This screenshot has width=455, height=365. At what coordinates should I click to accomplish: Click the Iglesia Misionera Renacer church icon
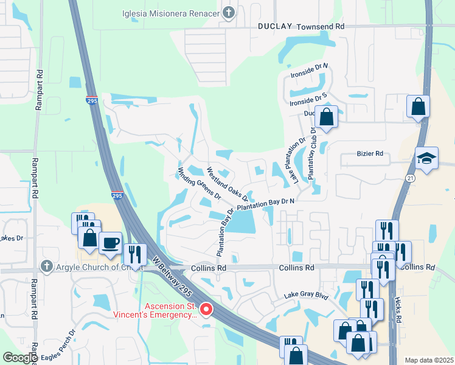click(x=229, y=13)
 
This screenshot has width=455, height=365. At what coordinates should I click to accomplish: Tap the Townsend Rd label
click(x=321, y=27)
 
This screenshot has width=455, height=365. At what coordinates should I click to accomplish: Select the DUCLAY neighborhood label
click(x=275, y=27)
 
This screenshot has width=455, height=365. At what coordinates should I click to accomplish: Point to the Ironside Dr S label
click(x=308, y=98)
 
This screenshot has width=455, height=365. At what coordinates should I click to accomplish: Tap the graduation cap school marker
click(x=426, y=159)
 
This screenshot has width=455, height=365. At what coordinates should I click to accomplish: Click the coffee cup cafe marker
click(x=110, y=242)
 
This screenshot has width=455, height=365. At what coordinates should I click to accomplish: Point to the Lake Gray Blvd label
click(x=306, y=296)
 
